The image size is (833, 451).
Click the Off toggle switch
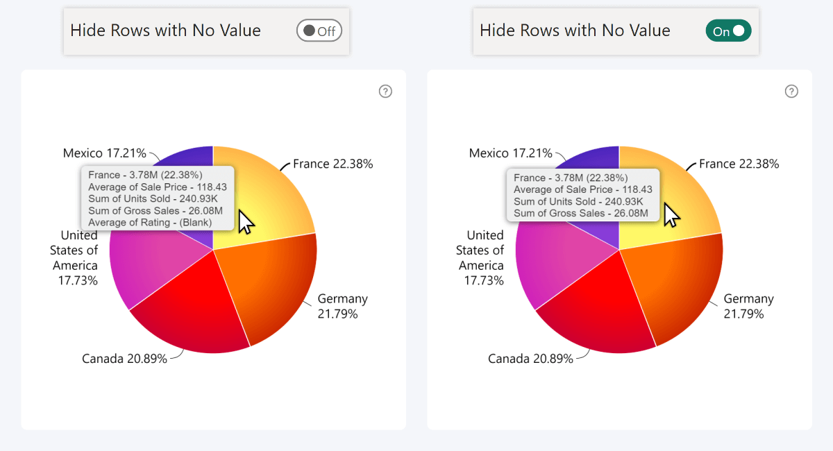[x=319, y=31]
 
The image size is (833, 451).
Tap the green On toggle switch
[x=728, y=31]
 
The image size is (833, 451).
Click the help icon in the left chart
[x=385, y=92]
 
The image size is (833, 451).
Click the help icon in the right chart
[x=791, y=92]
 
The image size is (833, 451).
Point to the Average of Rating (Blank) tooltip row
[x=150, y=223]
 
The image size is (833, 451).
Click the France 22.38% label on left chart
[x=333, y=164]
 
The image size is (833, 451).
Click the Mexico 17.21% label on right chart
[x=511, y=153]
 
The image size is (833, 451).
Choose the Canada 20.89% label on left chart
[x=124, y=359]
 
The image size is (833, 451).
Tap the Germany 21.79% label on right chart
[x=748, y=306]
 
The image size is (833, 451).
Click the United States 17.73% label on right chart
[x=480, y=257]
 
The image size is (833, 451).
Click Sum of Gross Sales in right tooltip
[x=581, y=213]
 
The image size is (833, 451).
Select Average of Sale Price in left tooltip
[x=157, y=187]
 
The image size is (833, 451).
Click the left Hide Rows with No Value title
[x=165, y=31]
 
